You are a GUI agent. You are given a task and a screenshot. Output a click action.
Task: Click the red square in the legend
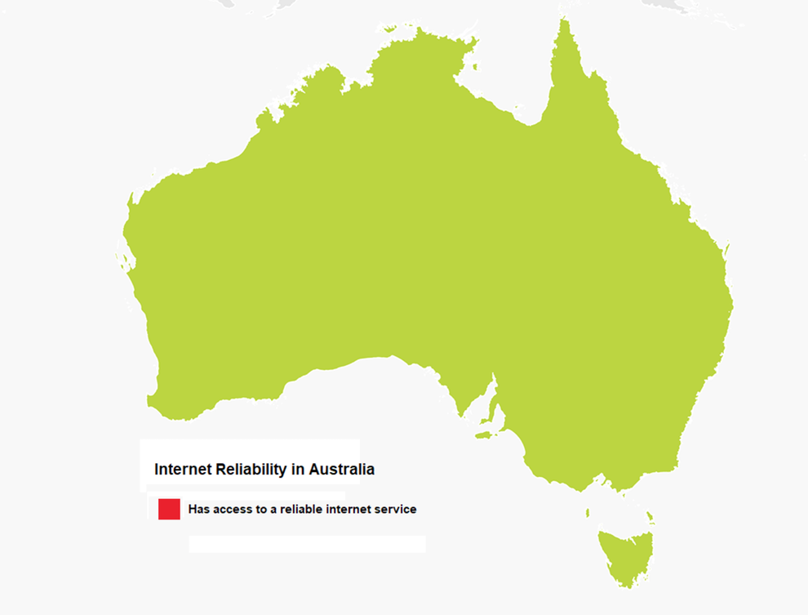[169, 509]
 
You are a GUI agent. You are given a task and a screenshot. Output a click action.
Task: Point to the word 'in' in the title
[298, 470]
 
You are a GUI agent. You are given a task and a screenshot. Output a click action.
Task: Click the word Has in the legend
[198, 509]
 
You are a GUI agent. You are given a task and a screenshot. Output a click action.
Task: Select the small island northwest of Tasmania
[588, 513]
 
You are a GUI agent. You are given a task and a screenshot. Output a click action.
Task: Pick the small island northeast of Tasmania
[650, 516]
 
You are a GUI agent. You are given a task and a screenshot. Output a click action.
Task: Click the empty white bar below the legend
[307, 544]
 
